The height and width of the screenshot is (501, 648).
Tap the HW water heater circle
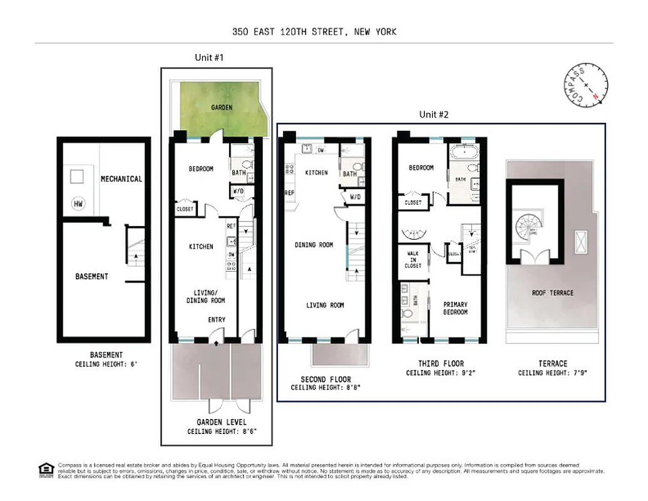click(x=78, y=204)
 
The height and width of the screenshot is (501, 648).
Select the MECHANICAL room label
click(x=121, y=178)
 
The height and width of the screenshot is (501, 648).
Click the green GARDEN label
click(x=221, y=108)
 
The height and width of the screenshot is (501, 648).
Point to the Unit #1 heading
click(x=209, y=57)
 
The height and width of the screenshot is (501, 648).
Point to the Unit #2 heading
click(x=434, y=115)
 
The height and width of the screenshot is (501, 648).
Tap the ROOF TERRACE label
click(x=552, y=292)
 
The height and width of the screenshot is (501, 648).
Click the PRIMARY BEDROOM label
click(x=455, y=308)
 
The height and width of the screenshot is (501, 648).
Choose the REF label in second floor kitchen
click(x=290, y=193)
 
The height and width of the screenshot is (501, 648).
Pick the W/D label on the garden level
click(x=238, y=192)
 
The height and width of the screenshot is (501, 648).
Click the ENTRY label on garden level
click(x=217, y=320)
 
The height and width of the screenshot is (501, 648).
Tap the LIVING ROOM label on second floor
click(x=325, y=305)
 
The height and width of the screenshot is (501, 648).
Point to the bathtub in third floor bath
click(x=464, y=152)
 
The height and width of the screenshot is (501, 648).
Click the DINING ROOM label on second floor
click(x=314, y=245)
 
